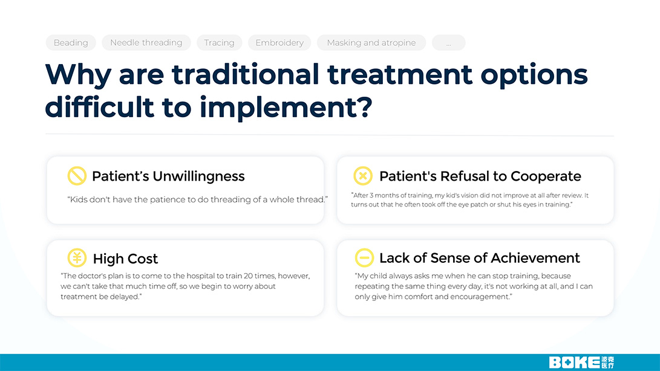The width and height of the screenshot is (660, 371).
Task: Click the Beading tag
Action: coord(71,42)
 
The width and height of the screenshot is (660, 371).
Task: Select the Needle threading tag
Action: coord(146,42)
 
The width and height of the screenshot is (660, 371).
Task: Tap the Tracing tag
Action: coord(220,42)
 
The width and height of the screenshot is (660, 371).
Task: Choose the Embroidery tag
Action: coord(279,42)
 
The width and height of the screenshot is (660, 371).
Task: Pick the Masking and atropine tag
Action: coord(371,42)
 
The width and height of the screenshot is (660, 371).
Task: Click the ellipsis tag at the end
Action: coord(449,42)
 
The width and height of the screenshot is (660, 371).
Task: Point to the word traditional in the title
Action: coord(246,74)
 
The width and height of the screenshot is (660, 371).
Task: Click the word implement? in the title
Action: coord(286,108)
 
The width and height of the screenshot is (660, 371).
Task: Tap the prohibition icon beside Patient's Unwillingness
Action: coord(77,176)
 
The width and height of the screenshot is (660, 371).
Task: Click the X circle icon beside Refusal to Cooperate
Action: coord(363,176)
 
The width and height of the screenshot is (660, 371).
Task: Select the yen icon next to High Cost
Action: coord(77,257)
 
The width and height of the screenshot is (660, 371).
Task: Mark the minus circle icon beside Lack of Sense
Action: coord(364,257)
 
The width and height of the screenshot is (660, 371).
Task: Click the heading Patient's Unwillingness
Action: coord(168,176)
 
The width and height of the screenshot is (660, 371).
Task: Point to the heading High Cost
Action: coord(125,259)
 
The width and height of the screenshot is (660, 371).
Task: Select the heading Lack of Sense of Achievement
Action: coord(480,258)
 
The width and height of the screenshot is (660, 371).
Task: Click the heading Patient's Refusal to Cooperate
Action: coord(480,176)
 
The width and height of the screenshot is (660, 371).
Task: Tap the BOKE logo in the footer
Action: coord(581,362)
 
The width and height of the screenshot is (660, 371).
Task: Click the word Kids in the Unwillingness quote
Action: coord(78,199)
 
